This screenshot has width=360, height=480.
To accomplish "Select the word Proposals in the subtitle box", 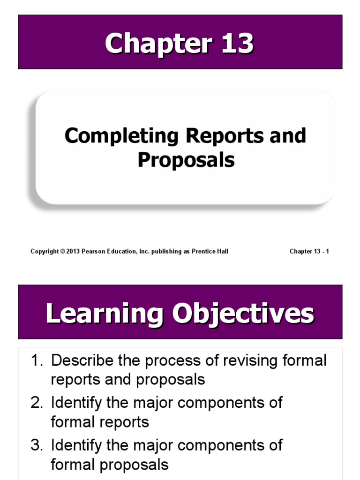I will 186,160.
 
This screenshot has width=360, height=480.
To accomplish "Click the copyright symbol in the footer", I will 63,252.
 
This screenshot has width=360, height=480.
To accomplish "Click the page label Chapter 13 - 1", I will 309,252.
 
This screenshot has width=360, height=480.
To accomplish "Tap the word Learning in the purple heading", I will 105,314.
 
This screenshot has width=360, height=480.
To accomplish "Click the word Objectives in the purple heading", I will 244,314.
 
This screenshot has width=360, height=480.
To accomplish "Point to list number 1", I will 37,361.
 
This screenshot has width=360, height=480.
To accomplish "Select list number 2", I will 37,403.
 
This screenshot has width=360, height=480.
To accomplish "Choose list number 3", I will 37,445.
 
